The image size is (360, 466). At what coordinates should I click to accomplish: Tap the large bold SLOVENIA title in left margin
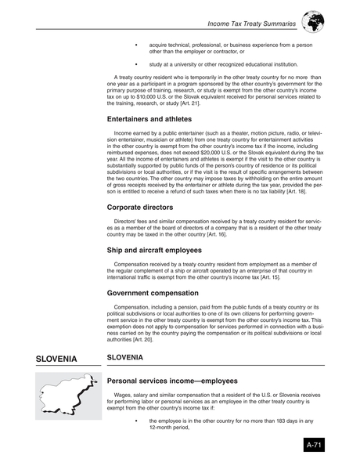(x=56, y=359)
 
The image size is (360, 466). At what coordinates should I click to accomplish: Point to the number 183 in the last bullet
(x=260, y=420)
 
